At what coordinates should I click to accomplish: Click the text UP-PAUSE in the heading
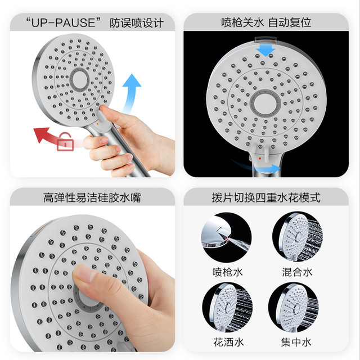(x=63, y=22)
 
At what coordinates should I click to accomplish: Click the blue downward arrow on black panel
(x=265, y=49)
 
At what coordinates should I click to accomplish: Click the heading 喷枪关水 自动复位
(x=266, y=22)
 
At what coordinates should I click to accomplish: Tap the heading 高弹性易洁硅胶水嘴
(x=92, y=197)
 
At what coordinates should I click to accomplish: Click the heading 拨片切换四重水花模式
(x=266, y=197)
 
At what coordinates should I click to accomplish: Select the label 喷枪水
(x=227, y=272)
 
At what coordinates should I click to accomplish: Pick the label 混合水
(x=298, y=272)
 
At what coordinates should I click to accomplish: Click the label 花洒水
(x=228, y=343)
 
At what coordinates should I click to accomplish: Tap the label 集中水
(x=296, y=343)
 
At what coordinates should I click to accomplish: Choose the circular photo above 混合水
(x=298, y=237)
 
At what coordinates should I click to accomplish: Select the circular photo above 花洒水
(x=227, y=307)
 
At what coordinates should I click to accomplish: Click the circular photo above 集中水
(x=294, y=307)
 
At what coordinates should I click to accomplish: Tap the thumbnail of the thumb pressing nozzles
(x=92, y=278)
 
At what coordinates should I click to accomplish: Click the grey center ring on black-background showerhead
(x=265, y=102)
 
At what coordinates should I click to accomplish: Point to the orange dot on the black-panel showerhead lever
(x=260, y=159)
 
